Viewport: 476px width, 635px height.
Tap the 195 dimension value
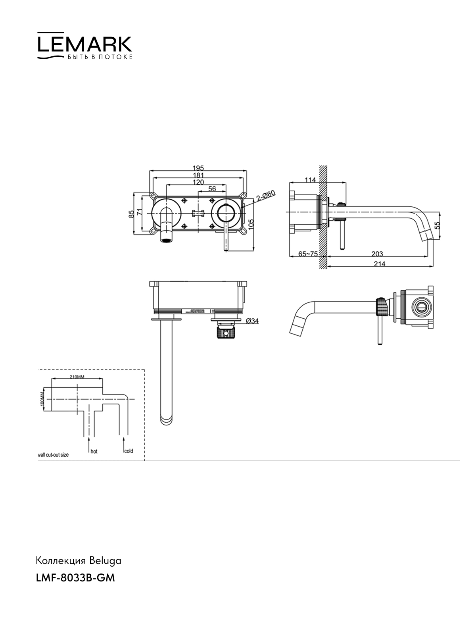coord(198,168)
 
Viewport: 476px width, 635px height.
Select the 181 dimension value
coord(198,175)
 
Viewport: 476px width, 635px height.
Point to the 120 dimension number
coord(198,182)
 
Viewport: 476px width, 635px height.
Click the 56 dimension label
coord(212,189)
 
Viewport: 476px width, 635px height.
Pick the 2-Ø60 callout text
coord(266,196)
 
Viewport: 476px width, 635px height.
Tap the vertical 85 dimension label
coord(132,214)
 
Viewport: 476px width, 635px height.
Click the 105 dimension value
coord(251,225)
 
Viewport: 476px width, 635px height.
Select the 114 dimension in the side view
coord(310,180)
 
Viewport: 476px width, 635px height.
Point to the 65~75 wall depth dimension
coord(308,254)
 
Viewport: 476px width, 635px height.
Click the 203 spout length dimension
coord(377,254)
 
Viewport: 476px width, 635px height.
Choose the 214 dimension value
coord(380,264)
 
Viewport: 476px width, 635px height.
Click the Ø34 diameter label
coord(252,321)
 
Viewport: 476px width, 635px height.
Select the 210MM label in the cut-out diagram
coord(77,377)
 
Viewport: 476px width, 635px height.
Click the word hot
coord(94,451)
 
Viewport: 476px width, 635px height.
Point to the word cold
coord(129,451)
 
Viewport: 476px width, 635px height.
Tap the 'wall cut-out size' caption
coord(54,455)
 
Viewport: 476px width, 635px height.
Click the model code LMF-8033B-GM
coord(75,578)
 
